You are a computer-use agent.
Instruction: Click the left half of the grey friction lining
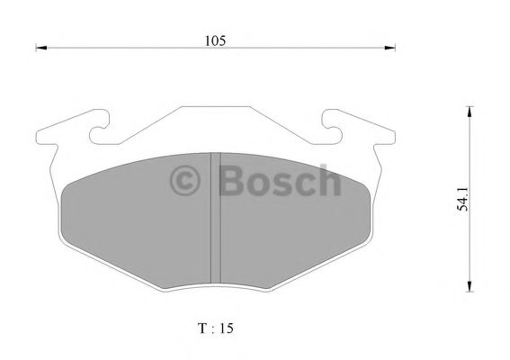(135, 225)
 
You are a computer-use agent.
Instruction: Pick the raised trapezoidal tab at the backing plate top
(215, 121)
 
